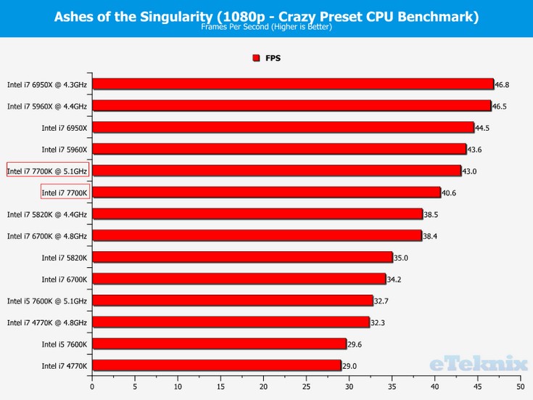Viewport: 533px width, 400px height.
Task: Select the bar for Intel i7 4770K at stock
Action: (216, 365)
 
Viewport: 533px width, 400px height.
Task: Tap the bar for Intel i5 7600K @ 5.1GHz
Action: (232, 301)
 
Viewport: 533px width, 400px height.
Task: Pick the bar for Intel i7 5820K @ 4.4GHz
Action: (257, 214)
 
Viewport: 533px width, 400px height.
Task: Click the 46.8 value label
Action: (502, 85)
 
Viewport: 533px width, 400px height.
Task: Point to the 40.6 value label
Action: (449, 193)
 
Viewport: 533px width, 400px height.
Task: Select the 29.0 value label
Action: (350, 366)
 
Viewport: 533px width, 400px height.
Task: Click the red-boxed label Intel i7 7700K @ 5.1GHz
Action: (47, 171)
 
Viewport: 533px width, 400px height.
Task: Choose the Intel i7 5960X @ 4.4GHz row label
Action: (47, 107)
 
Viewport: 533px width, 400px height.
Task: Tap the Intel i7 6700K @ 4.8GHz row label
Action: (47, 236)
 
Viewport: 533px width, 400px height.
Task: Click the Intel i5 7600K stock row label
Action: (65, 344)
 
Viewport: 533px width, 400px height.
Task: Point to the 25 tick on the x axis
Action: (306, 387)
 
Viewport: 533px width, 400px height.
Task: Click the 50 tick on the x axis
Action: (521, 387)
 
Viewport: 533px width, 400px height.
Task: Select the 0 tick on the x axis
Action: (92, 387)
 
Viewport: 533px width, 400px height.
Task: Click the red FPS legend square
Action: (256, 57)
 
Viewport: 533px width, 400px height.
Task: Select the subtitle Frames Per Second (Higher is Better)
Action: (266, 28)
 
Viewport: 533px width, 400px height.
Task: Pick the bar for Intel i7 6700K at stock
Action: (239, 279)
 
